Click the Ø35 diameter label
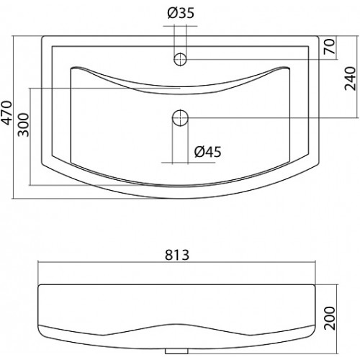pos(181,13)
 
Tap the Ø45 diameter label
pos(208,152)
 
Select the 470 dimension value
pos(6,113)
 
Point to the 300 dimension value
pos(23,125)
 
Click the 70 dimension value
pos(329,46)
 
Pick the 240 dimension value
pos(350,78)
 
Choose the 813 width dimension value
pos(177,255)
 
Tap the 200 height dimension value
pos(329,318)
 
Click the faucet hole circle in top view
pos(180,59)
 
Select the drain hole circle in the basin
pos(180,118)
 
